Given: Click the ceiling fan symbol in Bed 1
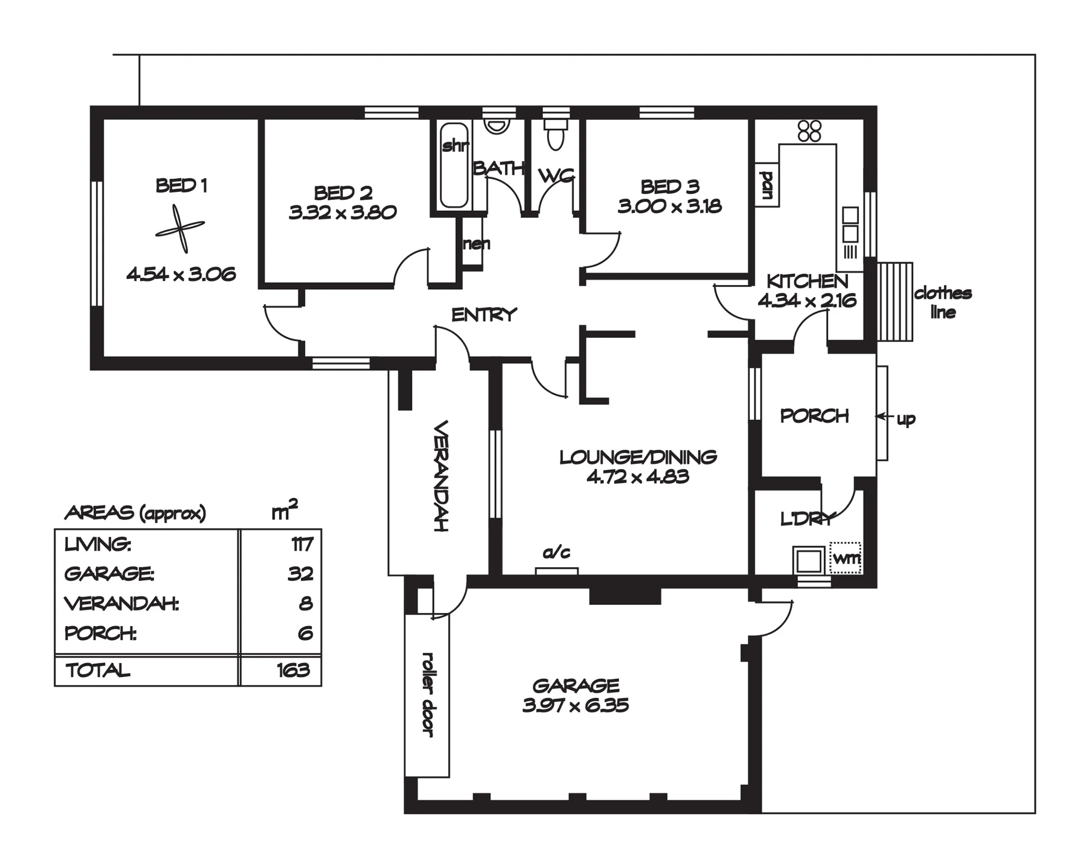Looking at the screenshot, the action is [x=180, y=229].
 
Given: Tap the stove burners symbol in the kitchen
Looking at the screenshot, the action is [x=809, y=131].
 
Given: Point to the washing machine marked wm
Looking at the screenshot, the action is [x=845, y=558].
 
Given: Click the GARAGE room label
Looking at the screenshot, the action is [x=576, y=685].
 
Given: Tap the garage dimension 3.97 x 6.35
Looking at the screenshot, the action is [x=576, y=706].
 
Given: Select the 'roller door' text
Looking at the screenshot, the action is [x=428, y=695].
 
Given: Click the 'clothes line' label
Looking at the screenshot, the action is [x=943, y=302].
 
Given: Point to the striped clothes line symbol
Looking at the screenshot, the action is [x=895, y=302].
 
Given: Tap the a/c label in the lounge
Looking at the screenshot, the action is [x=556, y=553].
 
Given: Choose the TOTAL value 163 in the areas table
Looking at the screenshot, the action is [x=293, y=670].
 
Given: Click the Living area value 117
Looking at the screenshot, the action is [x=302, y=544].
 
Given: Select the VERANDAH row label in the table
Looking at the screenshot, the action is [x=122, y=603].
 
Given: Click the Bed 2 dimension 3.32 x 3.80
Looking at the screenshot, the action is [x=343, y=212].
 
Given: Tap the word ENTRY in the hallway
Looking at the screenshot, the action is [x=484, y=315].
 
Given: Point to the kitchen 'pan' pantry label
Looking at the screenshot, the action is [x=767, y=185].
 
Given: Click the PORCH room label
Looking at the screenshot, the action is [x=815, y=416].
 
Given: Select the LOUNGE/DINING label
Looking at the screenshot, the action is [x=638, y=457].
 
